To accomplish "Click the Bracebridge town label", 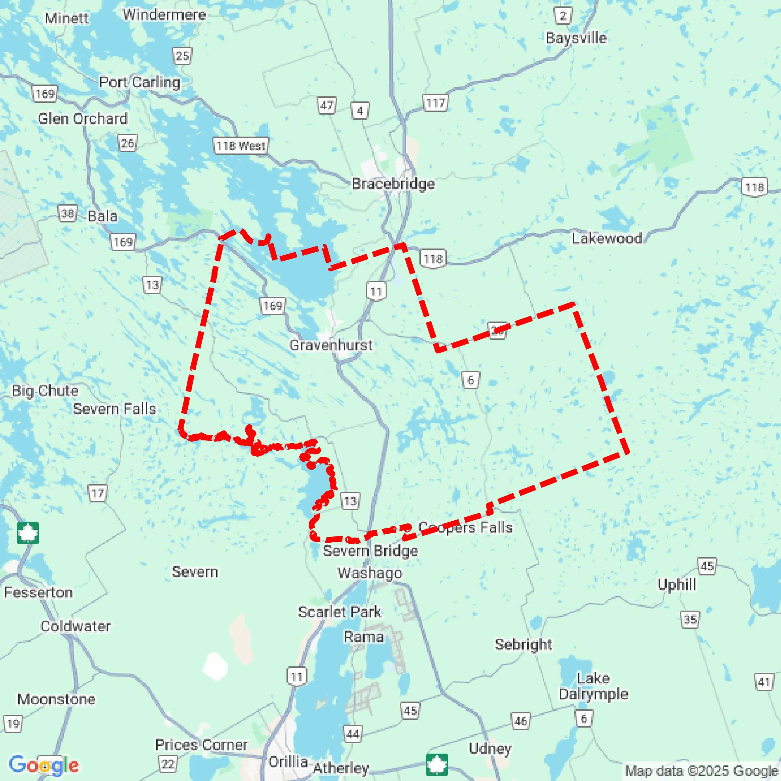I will tap(393, 184).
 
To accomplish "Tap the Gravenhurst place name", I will tap(331, 345).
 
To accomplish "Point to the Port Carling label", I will tap(140, 82).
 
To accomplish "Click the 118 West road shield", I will tap(240, 146).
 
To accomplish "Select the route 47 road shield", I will tap(326, 106).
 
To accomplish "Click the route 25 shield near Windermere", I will tap(182, 56).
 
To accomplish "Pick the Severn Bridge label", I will tap(370, 550).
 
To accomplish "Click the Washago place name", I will tap(370, 573).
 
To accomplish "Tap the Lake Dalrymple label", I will tap(593, 686).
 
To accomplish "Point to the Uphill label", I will tap(676, 584).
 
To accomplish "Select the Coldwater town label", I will tap(75, 626).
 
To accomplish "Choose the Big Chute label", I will tap(45, 390).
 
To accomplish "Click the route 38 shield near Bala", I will tap(67, 213).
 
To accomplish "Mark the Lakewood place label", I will tap(607, 238).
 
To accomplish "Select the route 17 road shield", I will tap(97, 493).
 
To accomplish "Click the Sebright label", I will tap(523, 644).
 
